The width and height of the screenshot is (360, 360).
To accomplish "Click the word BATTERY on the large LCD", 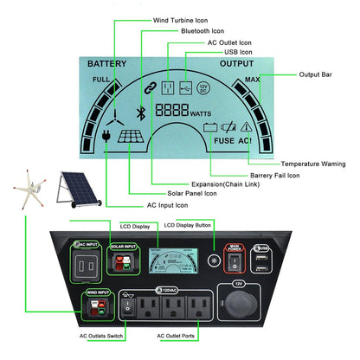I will (107, 65).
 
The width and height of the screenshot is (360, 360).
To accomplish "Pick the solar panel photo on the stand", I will (73, 189).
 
